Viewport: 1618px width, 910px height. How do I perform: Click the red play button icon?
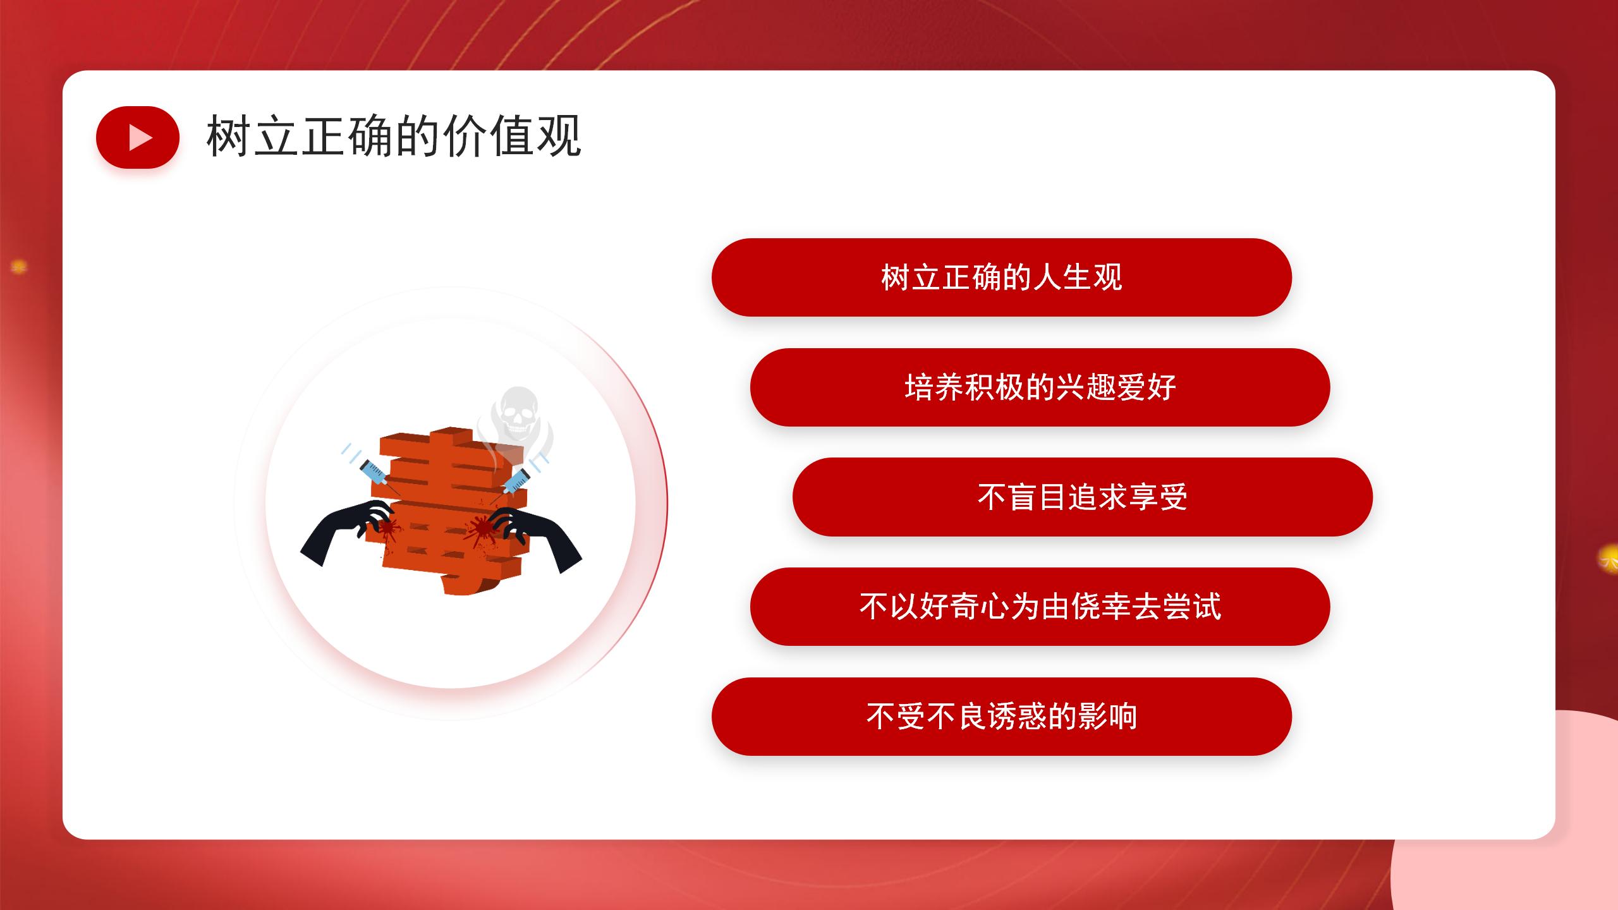click(138, 137)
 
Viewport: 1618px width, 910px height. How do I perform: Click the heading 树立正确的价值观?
click(394, 136)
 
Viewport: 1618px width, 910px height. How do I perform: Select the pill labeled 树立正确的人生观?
click(1002, 277)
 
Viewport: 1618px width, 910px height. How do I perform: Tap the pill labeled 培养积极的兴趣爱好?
click(1040, 387)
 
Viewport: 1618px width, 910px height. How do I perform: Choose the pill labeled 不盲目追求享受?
click(1083, 497)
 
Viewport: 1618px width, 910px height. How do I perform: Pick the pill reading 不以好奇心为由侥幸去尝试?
click(1040, 607)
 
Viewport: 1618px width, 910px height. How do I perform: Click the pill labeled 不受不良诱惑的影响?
click(1002, 717)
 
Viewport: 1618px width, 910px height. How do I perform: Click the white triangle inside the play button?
click(140, 137)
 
